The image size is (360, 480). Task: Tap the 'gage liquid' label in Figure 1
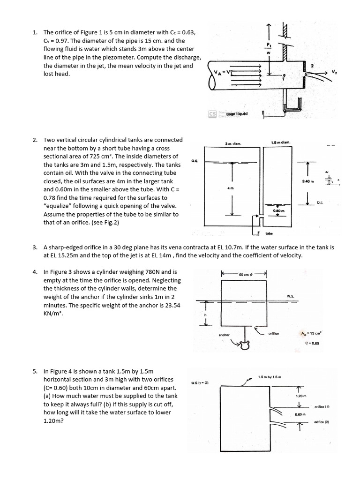[x=236, y=114]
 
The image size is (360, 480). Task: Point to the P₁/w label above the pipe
[x=269, y=49]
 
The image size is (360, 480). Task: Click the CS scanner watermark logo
[x=212, y=114]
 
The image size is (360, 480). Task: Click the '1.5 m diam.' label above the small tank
[x=280, y=142]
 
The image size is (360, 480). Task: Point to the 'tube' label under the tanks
[x=269, y=232]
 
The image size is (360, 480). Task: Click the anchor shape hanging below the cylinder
[x=243, y=345]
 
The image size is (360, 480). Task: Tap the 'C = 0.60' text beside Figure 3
[x=312, y=343]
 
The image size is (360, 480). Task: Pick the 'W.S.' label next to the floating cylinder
[x=290, y=296]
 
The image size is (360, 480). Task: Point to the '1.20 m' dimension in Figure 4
[x=300, y=396]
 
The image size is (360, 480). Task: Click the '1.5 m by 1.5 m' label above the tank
[x=270, y=377]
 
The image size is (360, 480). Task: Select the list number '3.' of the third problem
[x=36, y=247]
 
